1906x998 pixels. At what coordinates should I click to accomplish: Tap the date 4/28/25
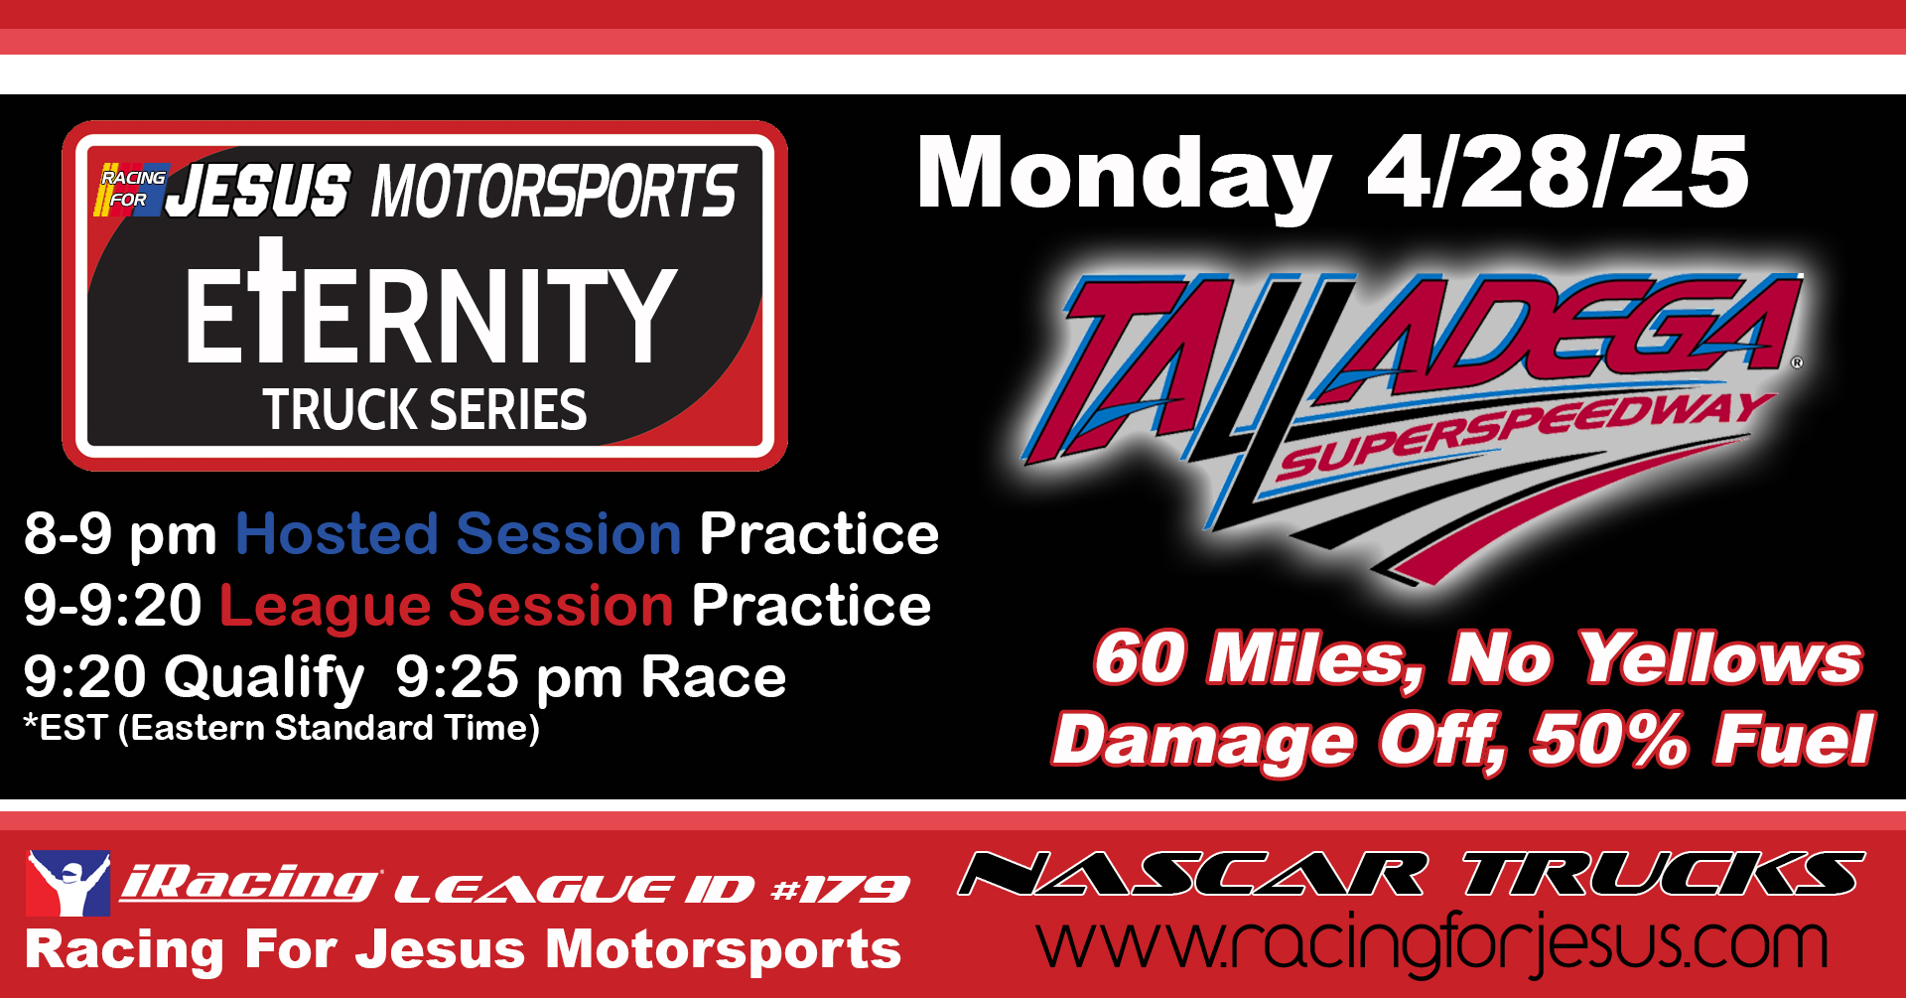[1558, 172]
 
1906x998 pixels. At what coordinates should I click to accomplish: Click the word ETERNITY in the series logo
[431, 302]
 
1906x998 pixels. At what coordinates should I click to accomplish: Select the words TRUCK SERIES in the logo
[425, 409]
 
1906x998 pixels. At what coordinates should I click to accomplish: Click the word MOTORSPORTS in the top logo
[554, 191]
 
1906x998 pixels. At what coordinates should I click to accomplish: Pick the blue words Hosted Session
[459, 534]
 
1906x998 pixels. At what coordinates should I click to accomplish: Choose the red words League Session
[447, 607]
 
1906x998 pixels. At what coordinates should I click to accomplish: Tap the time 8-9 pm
[120, 536]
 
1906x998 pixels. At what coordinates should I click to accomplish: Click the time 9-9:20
[112, 605]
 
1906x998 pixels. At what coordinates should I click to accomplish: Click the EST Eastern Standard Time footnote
[282, 728]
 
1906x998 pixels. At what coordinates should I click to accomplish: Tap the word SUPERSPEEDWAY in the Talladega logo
[1524, 435]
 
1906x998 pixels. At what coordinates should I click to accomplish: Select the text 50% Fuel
[1702, 740]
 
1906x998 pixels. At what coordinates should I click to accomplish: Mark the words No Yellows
[1656, 657]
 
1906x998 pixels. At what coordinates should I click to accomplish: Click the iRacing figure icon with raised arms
[68, 883]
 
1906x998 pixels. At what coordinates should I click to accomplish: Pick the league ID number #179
[840, 889]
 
